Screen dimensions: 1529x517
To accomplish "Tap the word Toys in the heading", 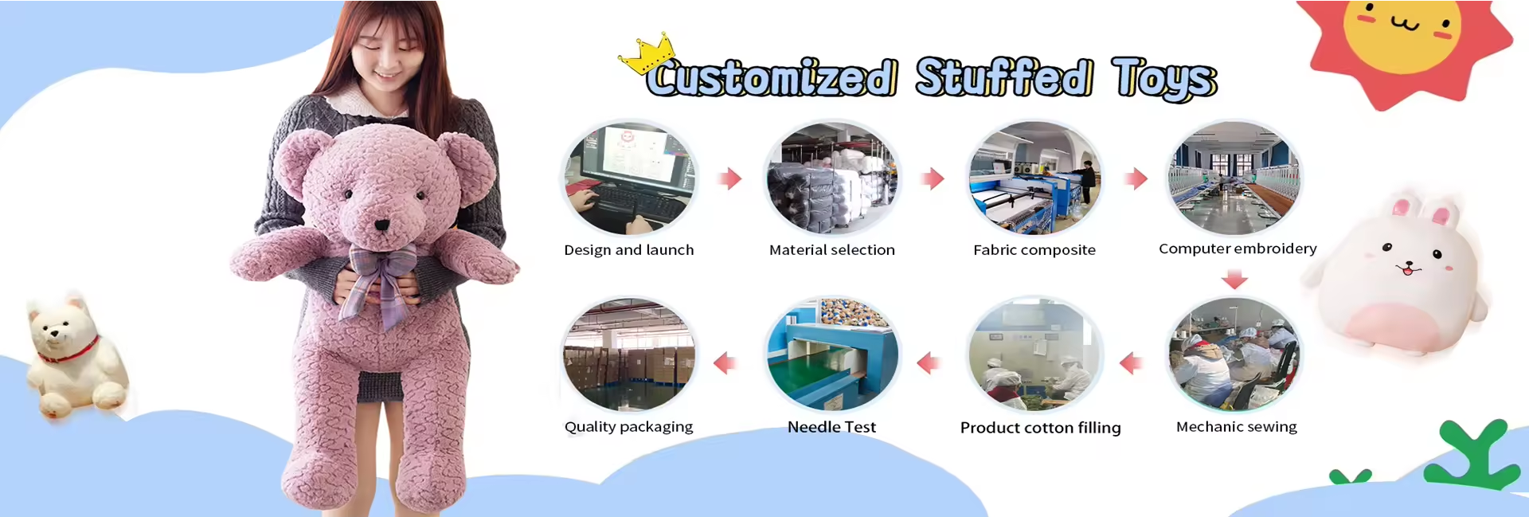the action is pyautogui.click(x=1164, y=78).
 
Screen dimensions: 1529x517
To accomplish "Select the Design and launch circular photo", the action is pyautogui.click(x=629, y=178).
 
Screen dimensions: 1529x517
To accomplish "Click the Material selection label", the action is pyautogui.click(x=832, y=250).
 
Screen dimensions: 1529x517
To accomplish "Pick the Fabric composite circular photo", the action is pyautogui.click(x=1034, y=178).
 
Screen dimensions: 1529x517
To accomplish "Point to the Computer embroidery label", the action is pyautogui.click(x=1238, y=249).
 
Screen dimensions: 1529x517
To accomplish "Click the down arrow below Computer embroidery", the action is pyautogui.click(x=1234, y=279).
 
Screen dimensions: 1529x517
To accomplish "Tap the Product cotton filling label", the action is pyautogui.click(x=1040, y=428).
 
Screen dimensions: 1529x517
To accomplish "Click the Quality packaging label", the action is pyautogui.click(x=629, y=427).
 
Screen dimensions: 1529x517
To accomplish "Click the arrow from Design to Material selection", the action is pyautogui.click(x=729, y=178).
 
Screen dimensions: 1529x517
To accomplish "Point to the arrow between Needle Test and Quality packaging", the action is pyautogui.click(x=725, y=363).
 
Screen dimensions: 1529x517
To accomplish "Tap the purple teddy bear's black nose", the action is pyautogui.click(x=382, y=225).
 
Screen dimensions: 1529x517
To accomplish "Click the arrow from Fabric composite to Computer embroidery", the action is pyautogui.click(x=1136, y=178).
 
